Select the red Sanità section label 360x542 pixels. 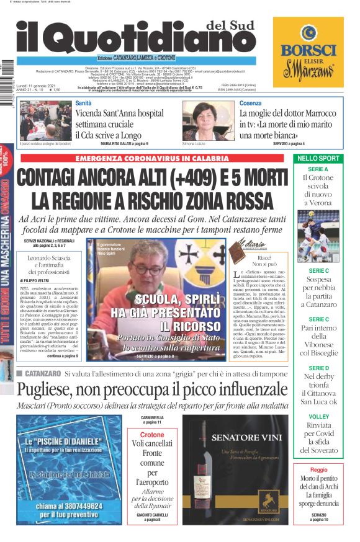coord(83,103)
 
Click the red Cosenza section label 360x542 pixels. coord(250,103)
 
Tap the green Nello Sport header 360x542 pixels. coord(318,159)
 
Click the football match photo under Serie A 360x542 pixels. coord(318,236)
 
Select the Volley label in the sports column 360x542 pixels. coord(318,417)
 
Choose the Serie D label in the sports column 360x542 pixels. coord(318,368)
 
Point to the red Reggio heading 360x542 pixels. coord(318,470)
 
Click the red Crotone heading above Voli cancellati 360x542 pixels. coord(152,435)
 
